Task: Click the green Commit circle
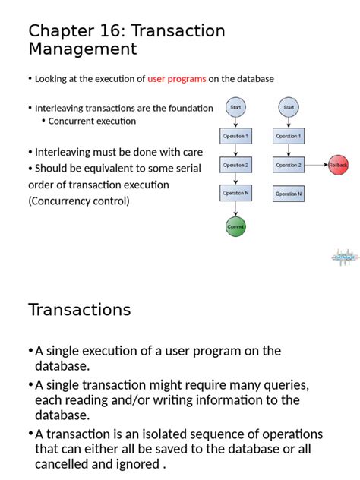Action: point(235,226)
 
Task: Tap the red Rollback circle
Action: point(338,165)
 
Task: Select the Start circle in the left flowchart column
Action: point(235,107)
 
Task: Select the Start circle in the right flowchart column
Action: point(289,107)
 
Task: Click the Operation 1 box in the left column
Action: point(235,136)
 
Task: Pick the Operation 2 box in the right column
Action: point(289,165)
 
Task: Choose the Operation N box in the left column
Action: point(235,194)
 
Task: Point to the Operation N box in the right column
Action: point(289,194)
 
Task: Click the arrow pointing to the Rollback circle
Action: point(316,165)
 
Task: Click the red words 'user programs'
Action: point(176,79)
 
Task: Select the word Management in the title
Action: point(83,49)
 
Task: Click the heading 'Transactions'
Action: point(80,310)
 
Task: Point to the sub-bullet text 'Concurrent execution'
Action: point(92,121)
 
